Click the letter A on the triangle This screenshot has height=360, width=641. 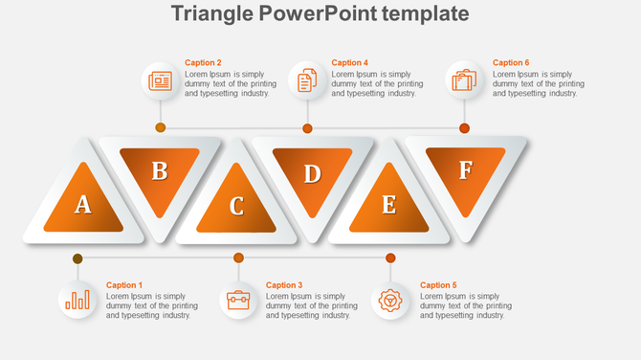(83, 203)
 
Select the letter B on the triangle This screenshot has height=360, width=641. (160, 171)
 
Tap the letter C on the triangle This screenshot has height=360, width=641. (236, 206)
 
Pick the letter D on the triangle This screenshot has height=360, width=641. (312, 173)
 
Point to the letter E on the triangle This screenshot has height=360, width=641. (388, 205)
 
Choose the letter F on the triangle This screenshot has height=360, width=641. (465, 170)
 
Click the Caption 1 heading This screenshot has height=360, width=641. (123, 285)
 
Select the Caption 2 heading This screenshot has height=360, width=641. (203, 63)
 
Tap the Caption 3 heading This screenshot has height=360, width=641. (283, 285)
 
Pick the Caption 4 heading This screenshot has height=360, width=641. (349, 63)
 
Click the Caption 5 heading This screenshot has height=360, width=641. (438, 285)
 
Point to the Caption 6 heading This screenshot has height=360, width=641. (511, 63)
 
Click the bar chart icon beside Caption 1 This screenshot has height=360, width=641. (77, 301)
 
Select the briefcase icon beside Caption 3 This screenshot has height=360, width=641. (238, 301)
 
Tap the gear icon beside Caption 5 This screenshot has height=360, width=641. (390, 301)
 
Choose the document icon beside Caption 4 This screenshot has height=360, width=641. (307, 80)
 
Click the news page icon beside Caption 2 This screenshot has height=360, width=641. (160, 80)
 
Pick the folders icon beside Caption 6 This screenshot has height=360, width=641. (464, 80)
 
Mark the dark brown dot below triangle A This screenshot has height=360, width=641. (77, 259)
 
